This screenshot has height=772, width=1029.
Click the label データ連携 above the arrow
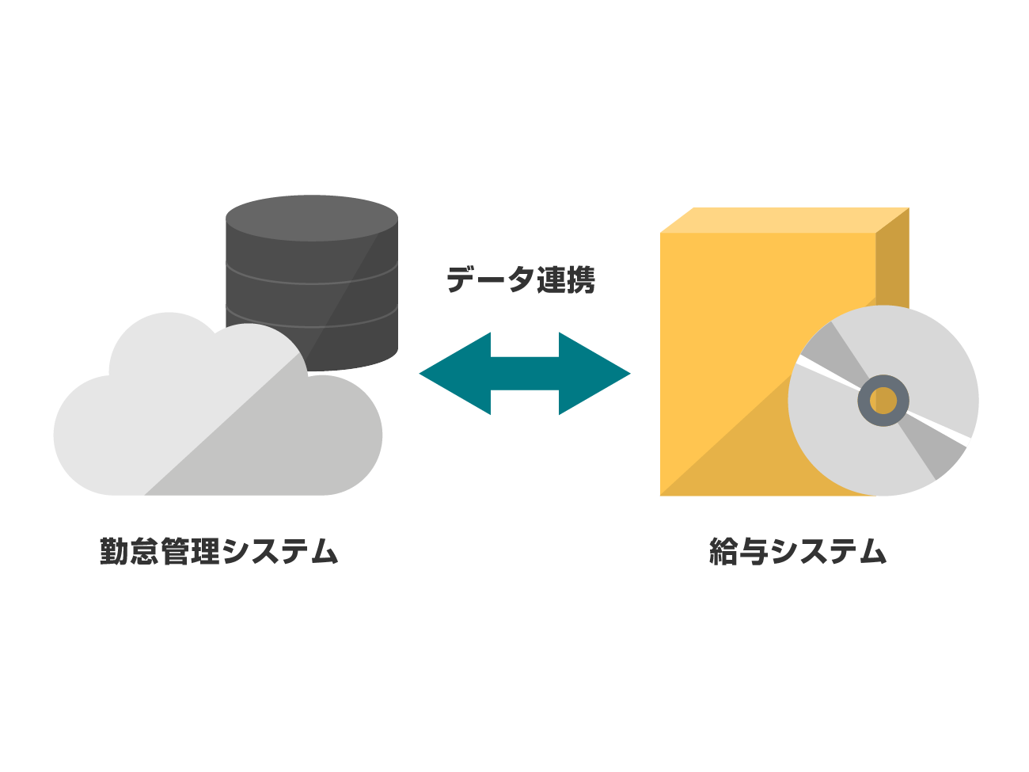[520, 280]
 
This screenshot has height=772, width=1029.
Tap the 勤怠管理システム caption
[218, 551]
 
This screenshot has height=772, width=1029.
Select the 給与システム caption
[797, 551]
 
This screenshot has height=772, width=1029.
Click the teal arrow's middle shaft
[524, 374]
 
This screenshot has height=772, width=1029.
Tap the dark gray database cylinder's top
[312, 217]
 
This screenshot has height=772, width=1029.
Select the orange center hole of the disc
[883, 401]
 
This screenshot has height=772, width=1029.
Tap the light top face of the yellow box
[784, 219]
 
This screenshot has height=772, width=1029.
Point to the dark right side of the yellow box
[892, 261]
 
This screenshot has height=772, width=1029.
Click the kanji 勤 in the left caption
[115, 551]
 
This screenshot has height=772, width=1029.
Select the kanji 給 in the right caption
[724, 551]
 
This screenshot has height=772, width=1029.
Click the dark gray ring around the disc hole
[866, 401]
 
